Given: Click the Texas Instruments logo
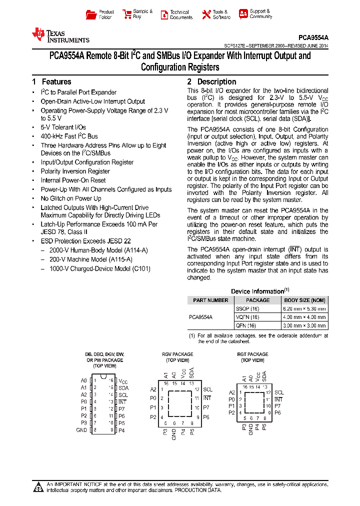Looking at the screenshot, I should (x=60, y=35).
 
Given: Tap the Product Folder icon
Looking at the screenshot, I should (x=91, y=14).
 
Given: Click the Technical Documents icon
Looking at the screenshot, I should (x=164, y=14).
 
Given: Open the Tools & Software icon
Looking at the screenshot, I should (x=206, y=14).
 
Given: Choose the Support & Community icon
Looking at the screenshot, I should (x=243, y=14).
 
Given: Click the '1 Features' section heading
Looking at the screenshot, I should (x=51, y=81).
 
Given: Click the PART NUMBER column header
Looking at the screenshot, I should (x=210, y=300).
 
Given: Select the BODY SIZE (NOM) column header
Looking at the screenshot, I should (x=304, y=300).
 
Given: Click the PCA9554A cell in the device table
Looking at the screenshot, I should (x=200, y=317).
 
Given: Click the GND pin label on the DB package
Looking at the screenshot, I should (x=81, y=430).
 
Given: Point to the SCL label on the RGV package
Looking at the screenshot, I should (x=207, y=389).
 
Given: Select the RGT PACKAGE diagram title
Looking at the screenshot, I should (x=252, y=354).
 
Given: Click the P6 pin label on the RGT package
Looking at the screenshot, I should (x=277, y=413).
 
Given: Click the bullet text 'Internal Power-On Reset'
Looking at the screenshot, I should (x=73, y=180).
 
